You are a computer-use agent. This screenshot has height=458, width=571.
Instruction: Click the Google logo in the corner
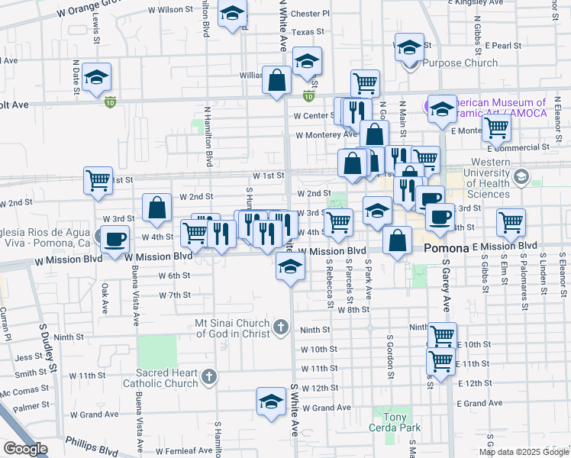(x=25, y=449)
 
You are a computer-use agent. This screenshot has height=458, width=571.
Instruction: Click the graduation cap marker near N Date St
(x=98, y=78)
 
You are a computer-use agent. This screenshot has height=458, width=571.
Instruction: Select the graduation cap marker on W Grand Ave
(x=271, y=402)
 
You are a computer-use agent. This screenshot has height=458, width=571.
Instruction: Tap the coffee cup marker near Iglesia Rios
(x=115, y=239)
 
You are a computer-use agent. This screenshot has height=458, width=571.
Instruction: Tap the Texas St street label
(x=308, y=32)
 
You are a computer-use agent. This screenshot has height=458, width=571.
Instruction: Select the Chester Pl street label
(x=310, y=14)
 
